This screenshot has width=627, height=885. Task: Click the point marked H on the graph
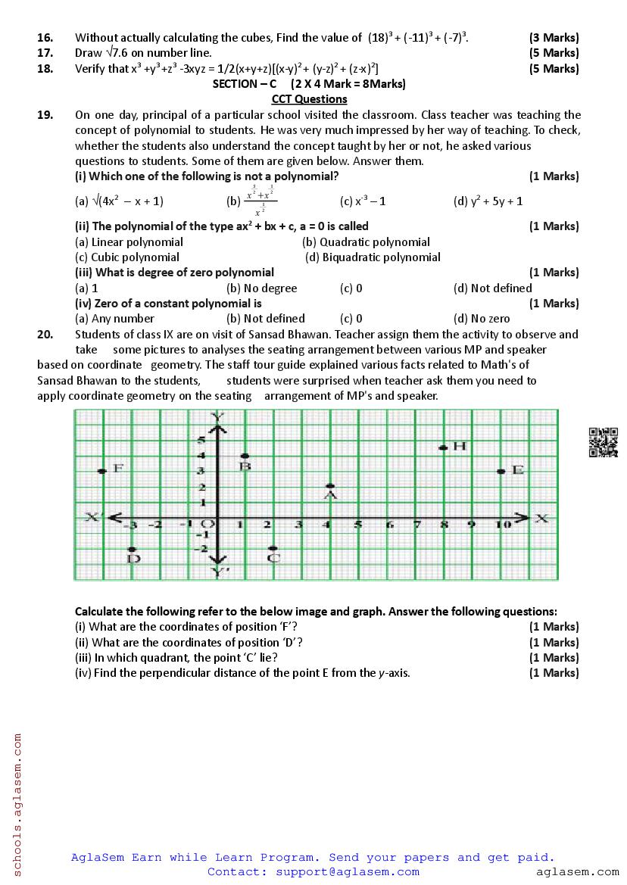pos(442,447)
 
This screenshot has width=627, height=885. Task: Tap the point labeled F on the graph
pos(101,471)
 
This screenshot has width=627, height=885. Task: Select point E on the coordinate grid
pos(501,471)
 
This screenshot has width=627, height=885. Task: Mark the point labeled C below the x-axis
pos(273,548)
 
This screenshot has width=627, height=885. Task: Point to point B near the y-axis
pos(245,457)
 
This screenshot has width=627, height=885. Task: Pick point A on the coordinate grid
pos(329,486)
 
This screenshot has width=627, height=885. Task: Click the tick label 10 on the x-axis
pos(501,525)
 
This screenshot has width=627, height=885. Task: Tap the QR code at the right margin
pos(604,442)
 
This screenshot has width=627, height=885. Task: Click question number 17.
pos(45,53)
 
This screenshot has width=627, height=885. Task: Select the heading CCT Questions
pos(309,99)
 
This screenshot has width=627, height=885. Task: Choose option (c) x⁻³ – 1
pos(363,201)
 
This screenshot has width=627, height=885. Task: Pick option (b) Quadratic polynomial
pos(366,242)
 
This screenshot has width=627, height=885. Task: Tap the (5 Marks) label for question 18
pos(554,69)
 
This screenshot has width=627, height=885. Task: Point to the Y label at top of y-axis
pos(218,416)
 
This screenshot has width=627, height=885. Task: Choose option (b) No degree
pos(261,288)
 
